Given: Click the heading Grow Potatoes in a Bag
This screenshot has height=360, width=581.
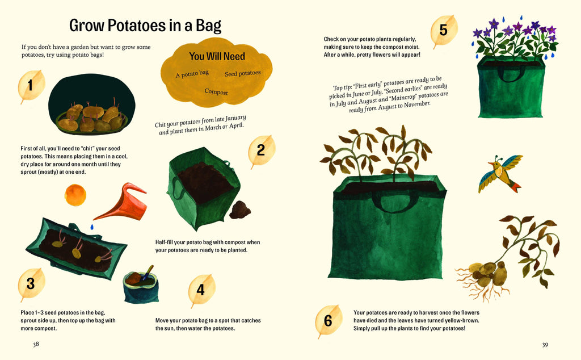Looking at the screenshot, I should pyautogui.click(x=145, y=26).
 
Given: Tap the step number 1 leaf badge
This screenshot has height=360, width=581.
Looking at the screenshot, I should pyautogui.click(x=31, y=86).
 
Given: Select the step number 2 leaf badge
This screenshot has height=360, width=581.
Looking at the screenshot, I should pyautogui.click(x=262, y=150).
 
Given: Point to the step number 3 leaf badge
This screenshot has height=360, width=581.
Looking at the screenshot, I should pyautogui.click(x=31, y=284).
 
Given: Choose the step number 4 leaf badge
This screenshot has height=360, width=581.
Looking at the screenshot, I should pyautogui.click(x=201, y=290).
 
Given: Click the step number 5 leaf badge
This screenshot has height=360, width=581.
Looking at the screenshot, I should pyautogui.click(x=444, y=31).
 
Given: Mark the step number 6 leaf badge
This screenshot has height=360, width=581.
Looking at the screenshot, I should pyautogui.click(x=328, y=321).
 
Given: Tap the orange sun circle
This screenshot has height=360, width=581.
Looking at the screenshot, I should pyautogui.click(x=75, y=195).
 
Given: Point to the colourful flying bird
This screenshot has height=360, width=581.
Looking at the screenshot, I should pyautogui.click(x=500, y=174).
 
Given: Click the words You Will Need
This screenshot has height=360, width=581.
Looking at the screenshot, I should pyautogui.click(x=217, y=56).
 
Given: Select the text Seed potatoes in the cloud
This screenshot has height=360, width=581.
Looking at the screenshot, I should pyautogui.click(x=243, y=73).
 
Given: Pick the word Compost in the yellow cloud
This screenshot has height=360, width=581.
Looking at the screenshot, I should pyautogui.click(x=216, y=91).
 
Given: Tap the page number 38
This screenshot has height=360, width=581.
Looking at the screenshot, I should pyautogui.click(x=36, y=344).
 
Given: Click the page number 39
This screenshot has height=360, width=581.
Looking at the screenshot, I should pyautogui.click(x=545, y=344).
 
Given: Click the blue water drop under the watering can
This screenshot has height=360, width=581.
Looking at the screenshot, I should pyautogui.click(x=92, y=227).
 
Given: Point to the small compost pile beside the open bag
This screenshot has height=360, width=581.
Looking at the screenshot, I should pyautogui.click(x=240, y=210).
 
